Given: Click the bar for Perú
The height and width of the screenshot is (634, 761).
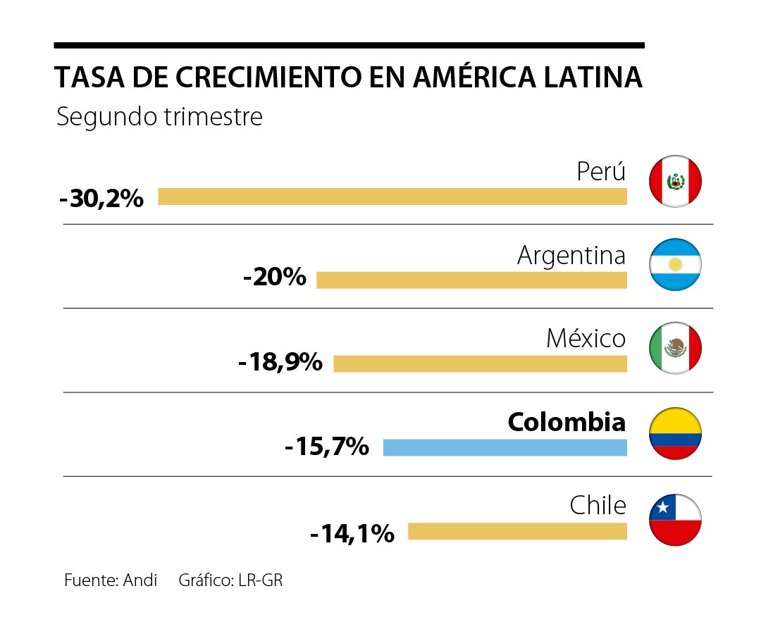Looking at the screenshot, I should [392, 197].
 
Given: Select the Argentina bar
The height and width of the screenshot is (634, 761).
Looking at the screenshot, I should [471, 280].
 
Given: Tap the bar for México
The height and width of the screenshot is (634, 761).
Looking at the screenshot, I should [480, 363].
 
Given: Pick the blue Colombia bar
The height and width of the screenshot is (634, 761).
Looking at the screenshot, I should [505, 447].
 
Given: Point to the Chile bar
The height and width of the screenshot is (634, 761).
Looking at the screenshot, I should [517, 531].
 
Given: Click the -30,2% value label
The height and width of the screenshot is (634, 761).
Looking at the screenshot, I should [101, 198].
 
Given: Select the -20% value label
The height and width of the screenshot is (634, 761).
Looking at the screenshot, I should [274, 277].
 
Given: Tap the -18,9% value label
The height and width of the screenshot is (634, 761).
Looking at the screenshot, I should [280, 363].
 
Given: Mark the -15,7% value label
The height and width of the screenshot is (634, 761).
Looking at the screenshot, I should [327, 446].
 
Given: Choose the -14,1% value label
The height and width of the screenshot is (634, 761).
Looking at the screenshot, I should [352, 533].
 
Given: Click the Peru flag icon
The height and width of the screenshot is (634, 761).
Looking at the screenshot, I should [675, 181].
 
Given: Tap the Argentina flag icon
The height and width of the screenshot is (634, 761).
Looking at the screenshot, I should [675, 265].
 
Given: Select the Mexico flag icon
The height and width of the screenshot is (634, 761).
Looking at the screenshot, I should [675, 348].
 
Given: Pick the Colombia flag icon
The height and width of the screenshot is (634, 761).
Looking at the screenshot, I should [675, 433].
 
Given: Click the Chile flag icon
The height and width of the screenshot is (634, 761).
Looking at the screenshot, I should [675, 520].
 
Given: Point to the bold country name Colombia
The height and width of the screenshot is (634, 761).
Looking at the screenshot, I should [567, 422].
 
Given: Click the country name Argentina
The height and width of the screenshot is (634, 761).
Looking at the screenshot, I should [571, 255].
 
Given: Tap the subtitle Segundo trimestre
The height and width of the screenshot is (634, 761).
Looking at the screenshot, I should [159, 116].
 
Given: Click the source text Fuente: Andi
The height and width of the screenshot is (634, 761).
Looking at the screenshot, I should [111, 580].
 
